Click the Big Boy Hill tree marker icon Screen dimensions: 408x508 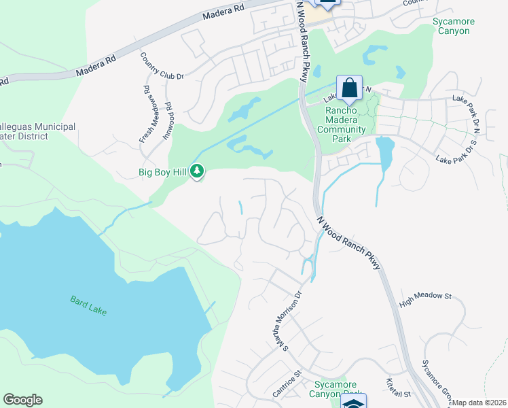[x=197, y=171]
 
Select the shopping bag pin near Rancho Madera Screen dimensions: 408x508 [x=349, y=88]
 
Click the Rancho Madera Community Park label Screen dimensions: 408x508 [x=345, y=120]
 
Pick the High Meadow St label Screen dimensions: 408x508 [x=426, y=296]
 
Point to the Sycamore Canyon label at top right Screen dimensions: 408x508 [x=454, y=27]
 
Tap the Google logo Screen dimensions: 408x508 [x=22, y=400]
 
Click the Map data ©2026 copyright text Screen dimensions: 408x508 [x=479, y=403]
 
